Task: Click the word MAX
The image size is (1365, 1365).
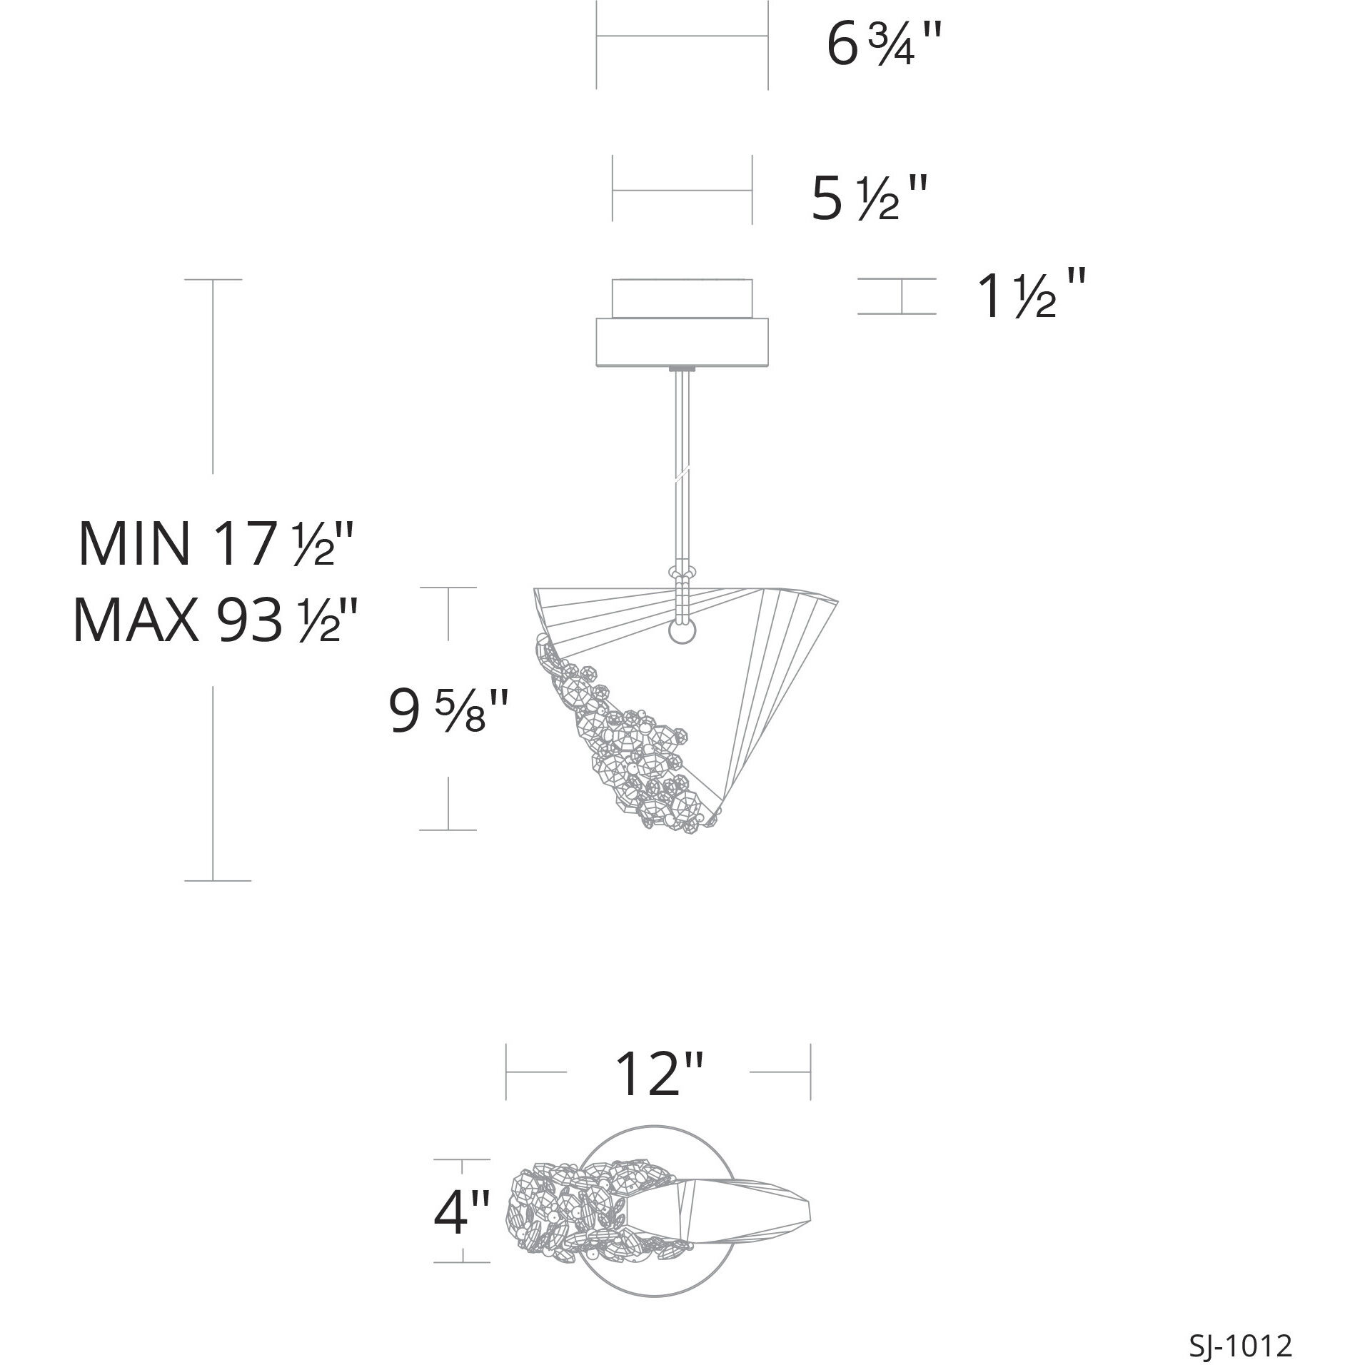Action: [x=136, y=620]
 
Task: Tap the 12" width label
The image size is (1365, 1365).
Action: [x=658, y=1092]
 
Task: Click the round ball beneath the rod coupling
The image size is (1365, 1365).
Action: [x=682, y=631]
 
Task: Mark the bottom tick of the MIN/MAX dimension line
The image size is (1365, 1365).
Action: [x=217, y=880]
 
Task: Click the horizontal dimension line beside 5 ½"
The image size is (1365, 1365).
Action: [x=682, y=191]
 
